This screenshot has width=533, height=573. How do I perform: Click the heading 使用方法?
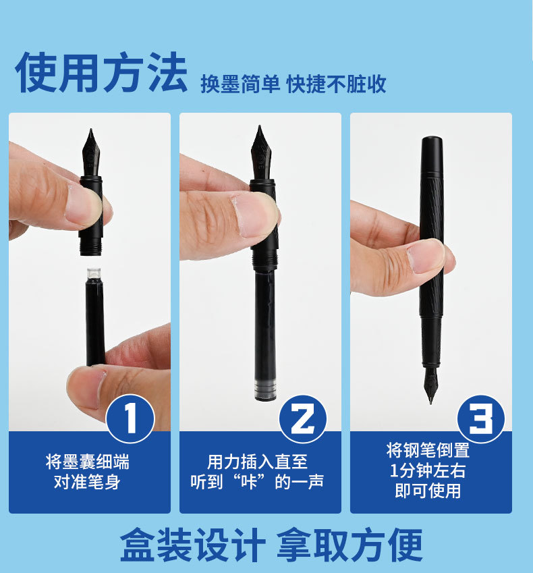point(101,72)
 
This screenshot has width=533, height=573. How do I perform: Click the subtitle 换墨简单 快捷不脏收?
point(293,84)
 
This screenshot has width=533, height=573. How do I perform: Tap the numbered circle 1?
point(130,418)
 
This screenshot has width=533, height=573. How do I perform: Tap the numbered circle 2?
point(303,419)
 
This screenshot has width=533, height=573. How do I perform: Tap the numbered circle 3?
point(481,419)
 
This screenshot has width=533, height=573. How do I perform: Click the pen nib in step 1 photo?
point(91,153)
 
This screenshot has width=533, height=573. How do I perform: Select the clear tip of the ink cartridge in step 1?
point(94,273)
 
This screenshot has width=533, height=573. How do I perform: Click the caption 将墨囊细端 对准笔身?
point(87,472)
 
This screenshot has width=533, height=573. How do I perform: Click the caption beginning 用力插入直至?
point(257,472)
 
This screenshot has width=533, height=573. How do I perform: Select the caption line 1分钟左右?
point(428,470)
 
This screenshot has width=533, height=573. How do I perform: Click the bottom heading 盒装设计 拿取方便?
point(271,545)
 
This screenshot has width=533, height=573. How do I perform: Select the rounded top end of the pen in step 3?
point(432,140)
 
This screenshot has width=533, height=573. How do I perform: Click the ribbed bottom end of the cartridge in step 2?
point(266,390)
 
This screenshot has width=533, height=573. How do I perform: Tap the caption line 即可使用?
point(428,491)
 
